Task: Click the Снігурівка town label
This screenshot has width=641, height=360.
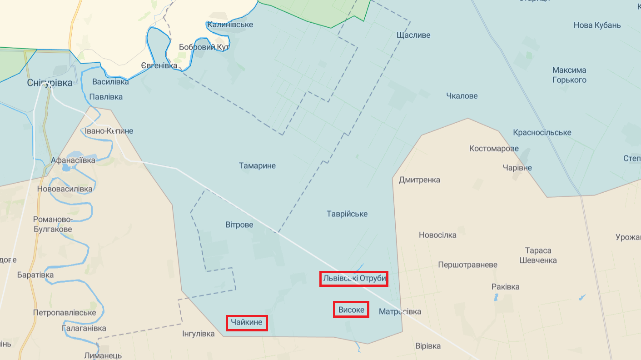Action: [50, 83]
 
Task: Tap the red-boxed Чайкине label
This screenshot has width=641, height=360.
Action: [247, 323]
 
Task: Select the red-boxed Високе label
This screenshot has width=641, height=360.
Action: [351, 310]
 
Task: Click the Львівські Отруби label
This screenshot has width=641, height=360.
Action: [354, 278]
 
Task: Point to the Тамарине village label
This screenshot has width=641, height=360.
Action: [257, 166]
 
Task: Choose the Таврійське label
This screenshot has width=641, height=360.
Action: [347, 214]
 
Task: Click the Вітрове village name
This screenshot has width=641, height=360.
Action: [239, 225]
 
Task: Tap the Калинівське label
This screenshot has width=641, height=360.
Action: [230, 25]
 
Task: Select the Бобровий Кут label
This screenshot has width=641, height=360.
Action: [204, 47]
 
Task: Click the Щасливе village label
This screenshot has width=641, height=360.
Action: [413, 35]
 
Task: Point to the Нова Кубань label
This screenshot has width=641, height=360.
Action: [597, 25]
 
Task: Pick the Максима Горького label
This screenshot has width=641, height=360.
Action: [569, 75]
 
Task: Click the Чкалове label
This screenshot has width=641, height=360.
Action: [462, 96]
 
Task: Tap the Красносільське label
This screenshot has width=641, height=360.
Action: [542, 133]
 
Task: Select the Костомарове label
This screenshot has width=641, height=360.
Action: [494, 149]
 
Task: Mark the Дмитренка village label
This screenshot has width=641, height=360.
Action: [419, 180]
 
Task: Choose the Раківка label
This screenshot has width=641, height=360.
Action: [505, 287]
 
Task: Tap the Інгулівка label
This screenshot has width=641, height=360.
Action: [198, 334]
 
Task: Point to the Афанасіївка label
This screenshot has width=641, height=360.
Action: [73, 160]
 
